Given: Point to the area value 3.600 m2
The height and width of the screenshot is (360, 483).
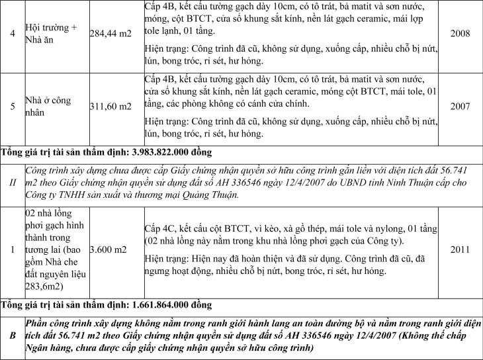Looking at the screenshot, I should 107,250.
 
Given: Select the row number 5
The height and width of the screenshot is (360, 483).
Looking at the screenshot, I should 12,106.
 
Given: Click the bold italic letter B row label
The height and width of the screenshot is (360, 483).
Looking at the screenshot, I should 12,335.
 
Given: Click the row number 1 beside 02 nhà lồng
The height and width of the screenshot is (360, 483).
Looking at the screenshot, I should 12,250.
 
